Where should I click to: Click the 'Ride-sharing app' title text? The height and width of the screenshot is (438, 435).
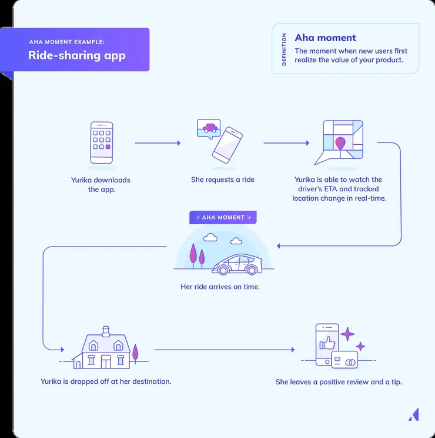pos(77,56)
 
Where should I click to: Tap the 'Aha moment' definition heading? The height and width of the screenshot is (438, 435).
pos(325,38)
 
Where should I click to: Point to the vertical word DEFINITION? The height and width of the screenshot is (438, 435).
pos(285,49)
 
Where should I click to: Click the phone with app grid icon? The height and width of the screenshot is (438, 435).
pos(102,142)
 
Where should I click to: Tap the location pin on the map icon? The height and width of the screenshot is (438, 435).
pos(340,143)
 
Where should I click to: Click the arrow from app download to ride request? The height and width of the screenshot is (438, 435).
pos(157,143)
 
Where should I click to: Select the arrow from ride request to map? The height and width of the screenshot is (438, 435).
pos(286,143)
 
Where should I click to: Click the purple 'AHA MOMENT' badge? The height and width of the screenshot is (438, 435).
pos(223,217)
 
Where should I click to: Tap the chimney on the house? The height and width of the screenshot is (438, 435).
pos(106,330)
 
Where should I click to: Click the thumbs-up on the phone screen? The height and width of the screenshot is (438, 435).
pos(327,342)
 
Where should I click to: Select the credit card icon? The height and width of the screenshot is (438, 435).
pos(344,360)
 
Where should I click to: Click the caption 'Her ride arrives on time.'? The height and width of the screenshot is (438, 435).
pos(220,287)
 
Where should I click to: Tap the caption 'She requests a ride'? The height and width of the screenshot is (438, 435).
pos(223,180)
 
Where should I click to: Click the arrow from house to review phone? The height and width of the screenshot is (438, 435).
pos(224,350)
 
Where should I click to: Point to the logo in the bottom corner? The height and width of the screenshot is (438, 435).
pos(413,414)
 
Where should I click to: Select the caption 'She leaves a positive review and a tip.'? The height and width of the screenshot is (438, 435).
pos(339,382)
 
